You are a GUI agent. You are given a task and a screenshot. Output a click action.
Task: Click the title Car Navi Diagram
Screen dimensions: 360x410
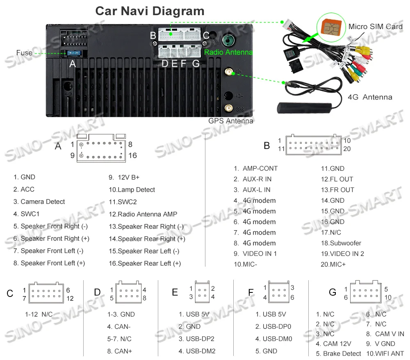coord(150,11)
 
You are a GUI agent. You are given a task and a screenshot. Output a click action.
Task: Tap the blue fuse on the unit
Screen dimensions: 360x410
coord(74,53)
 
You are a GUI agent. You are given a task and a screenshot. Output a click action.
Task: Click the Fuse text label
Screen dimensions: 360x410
coord(24,53)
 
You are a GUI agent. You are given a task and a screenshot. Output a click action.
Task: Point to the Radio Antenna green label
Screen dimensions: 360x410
coord(228,52)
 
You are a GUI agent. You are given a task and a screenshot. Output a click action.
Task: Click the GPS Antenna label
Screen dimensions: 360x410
coord(231,121)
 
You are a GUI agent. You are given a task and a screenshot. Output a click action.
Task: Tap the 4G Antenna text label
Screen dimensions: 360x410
coord(370,97)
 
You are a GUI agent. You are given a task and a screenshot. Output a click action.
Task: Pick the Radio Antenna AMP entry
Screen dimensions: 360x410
coord(143,214)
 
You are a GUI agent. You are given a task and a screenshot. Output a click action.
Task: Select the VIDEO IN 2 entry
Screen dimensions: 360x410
coord(342,254)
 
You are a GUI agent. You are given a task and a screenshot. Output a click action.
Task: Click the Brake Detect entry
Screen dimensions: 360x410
coord(339,353)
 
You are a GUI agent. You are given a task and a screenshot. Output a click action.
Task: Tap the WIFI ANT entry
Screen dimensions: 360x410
coord(385,353)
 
